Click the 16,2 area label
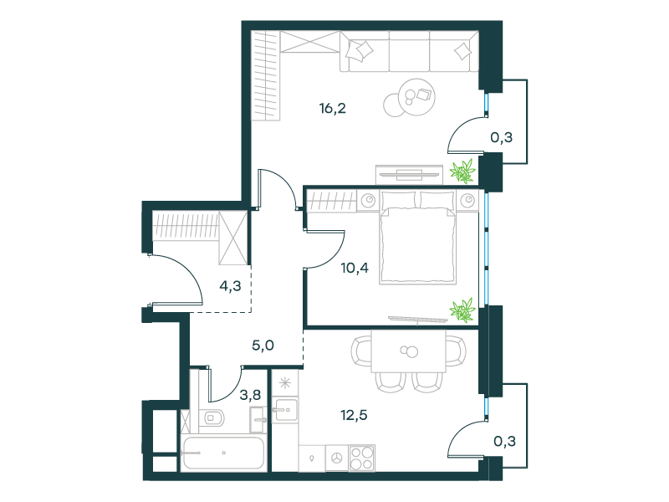[332, 109]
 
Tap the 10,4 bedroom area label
[355, 268]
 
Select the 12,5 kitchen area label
[354, 415]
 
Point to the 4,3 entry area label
[231, 286]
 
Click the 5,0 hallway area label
[263, 346]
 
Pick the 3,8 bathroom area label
[250, 395]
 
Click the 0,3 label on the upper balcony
[501, 137]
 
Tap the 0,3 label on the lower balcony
[504, 441]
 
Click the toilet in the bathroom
[212, 417]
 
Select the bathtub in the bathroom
[223, 453]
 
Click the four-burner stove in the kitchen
[362, 458]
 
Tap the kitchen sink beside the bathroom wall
[285, 410]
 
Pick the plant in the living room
[462, 172]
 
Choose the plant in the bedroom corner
[462, 310]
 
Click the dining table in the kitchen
[409, 351]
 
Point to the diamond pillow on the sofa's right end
[462, 52]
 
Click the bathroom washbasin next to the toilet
[258, 420]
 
